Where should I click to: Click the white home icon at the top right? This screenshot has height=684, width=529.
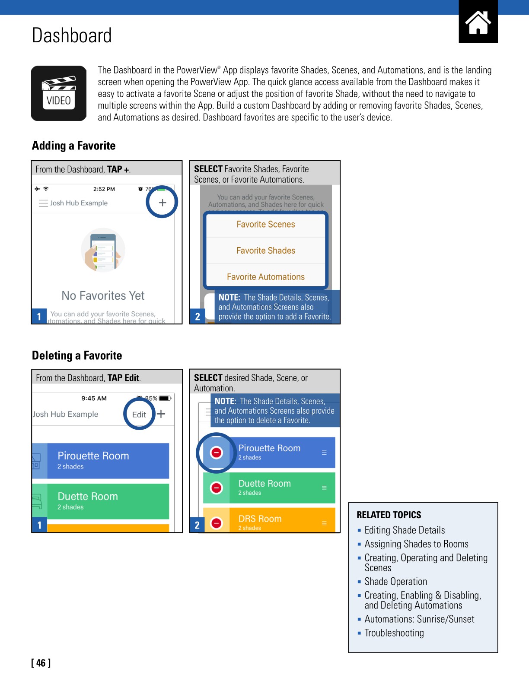click(478, 22)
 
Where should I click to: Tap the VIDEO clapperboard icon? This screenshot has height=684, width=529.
click(59, 93)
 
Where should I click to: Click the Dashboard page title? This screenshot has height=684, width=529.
click(72, 35)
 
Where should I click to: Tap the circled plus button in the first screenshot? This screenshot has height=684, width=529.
click(163, 203)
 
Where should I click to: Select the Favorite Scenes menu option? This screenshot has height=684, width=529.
click(265, 225)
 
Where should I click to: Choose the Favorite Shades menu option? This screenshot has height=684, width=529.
click(265, 251)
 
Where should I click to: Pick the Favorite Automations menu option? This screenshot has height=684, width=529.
click(265, 277)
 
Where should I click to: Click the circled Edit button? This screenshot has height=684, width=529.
click(139, 415)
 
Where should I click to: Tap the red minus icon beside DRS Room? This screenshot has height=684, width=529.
click(216, 523)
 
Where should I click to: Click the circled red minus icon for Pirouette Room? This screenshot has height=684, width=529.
click(216, 453)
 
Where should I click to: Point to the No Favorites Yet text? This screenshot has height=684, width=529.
click(103, 296)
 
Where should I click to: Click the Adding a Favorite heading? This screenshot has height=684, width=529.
click(74, 146)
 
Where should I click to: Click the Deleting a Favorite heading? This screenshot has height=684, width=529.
click(77, 356)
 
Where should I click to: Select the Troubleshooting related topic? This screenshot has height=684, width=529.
click(394, 633)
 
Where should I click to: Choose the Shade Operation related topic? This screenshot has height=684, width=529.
click(395, 582)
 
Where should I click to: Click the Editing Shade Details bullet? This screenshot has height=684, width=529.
click(405, 530)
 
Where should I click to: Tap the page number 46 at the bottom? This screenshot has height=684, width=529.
click(41, 663)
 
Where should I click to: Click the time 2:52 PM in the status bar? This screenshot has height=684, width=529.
click(104, 189)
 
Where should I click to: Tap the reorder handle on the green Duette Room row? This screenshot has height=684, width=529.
click(324, 488)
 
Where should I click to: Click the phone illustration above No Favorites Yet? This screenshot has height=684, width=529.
click(103, 250)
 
